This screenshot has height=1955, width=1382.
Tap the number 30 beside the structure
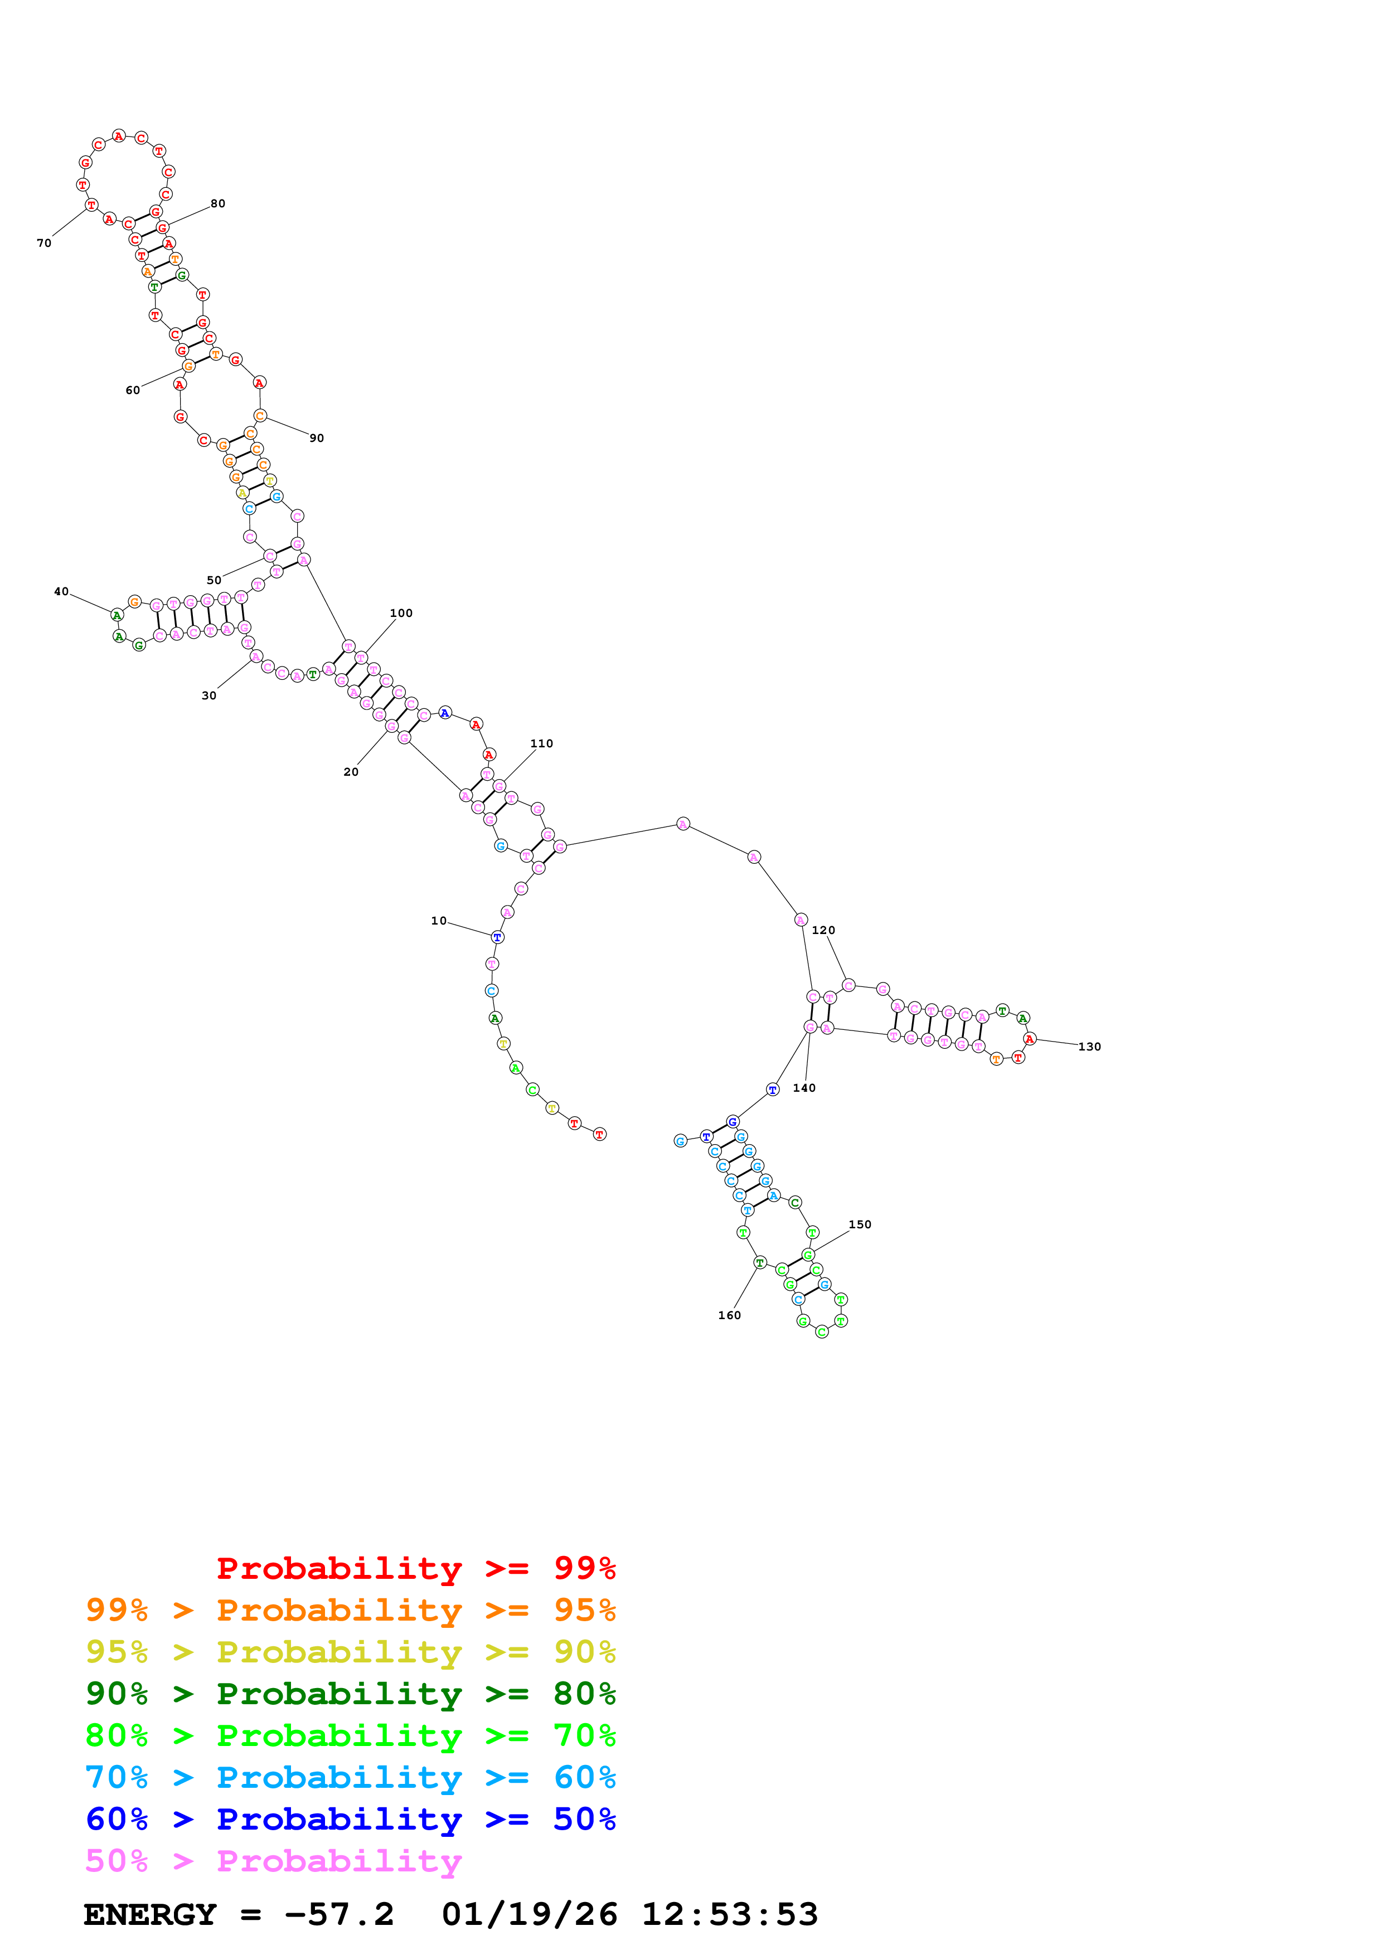tap(208, 696)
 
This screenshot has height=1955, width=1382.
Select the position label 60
tap(133, 391)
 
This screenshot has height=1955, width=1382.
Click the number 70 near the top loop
tap(44, 244)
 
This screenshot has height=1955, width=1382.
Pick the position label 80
tap(218, 203)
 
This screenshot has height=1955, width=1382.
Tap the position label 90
tap(317, 439)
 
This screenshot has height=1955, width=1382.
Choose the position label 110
tap(541, 743)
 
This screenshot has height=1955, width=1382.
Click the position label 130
tap(1089, 1047)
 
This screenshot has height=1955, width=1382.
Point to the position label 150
tap(860, 1224)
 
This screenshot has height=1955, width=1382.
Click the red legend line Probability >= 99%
tap(415, 1568)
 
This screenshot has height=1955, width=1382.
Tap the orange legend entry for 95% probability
tap(351, 1610)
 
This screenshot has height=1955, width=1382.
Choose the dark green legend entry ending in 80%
tap(351, 1694)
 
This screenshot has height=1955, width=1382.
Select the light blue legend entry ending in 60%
tap(351, 1777)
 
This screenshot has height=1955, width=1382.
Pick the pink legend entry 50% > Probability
tap(273, 1860)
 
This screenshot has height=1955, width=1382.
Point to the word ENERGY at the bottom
tap(150, 1915)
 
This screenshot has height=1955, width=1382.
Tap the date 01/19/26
tap(530, 1915)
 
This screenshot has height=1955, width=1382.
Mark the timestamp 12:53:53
tap(730, 1915)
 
